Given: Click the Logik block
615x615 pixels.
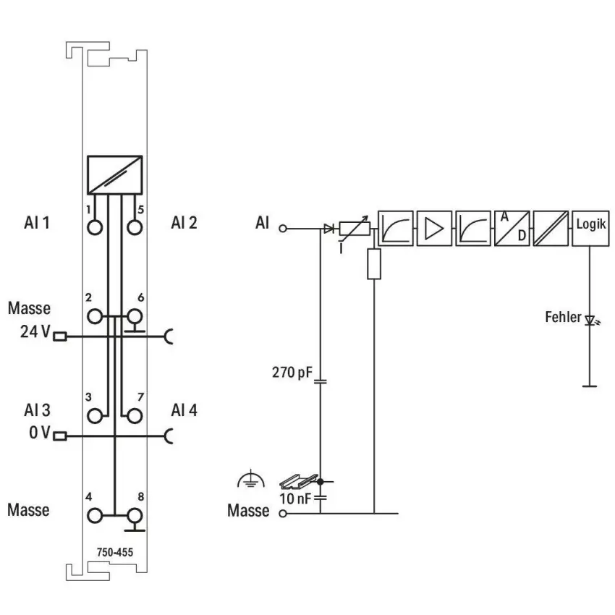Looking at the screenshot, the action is coord(590,229).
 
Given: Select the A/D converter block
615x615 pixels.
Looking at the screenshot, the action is coord(512,229).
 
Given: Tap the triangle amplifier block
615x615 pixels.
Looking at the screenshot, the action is coord(434,229).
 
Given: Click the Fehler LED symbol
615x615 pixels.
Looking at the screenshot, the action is coord(591,321).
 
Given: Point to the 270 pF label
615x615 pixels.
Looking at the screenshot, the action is coord(292,372).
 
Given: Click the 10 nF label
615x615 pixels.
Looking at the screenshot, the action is coord(295,499).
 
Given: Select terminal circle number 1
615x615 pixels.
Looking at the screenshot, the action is coord(95,227).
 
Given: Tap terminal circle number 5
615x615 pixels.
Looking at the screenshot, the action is coord(135,227).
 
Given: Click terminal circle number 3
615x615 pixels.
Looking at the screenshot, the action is coord(95,416).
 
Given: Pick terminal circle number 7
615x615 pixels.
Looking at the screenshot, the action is coord(135,416).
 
